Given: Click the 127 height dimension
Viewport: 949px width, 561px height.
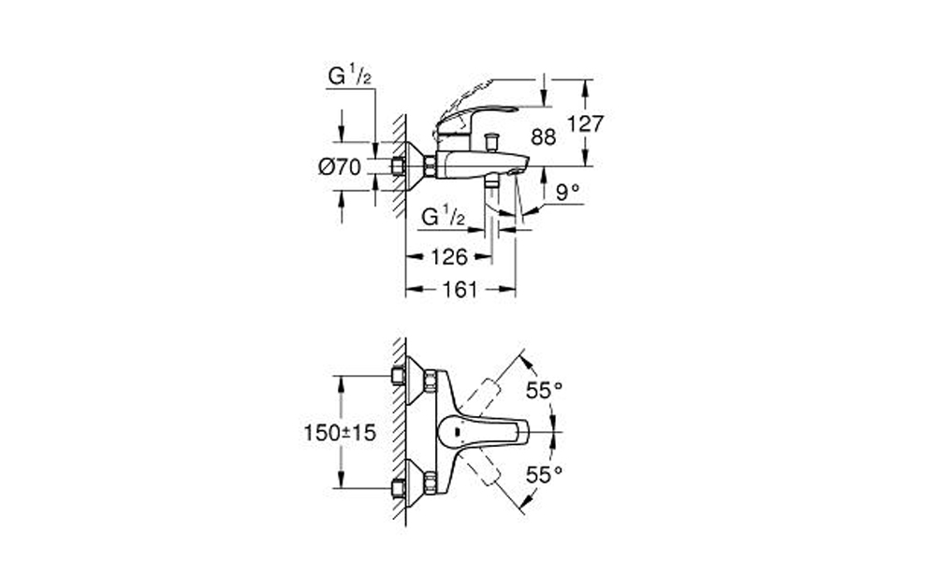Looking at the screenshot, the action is coord(585,123).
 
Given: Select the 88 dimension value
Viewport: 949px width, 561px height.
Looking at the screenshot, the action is coord(543,137).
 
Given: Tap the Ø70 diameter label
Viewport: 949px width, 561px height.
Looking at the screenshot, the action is coord(340,166).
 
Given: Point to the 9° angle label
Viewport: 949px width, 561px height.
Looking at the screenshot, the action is coord(567,193).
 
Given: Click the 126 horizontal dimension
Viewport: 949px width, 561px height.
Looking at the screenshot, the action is coord(449,257).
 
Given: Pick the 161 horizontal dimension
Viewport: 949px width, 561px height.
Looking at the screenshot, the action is coord(460,290).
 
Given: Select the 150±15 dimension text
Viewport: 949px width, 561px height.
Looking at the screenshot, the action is coord(340,432).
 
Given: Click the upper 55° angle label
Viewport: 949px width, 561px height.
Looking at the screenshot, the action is coord(544,391).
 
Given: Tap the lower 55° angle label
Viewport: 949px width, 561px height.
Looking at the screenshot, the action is coord(544,475).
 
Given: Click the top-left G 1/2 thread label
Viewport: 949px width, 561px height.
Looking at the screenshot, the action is coord(349,76).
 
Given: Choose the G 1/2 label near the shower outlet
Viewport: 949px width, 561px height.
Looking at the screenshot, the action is coord(443,216).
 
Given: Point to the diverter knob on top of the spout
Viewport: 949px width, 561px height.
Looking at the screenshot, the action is coord(492,142).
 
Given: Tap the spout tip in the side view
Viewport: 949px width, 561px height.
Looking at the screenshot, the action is coord(521,166).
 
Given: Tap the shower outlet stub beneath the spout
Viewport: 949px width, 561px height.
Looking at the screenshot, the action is coord(492,181).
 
